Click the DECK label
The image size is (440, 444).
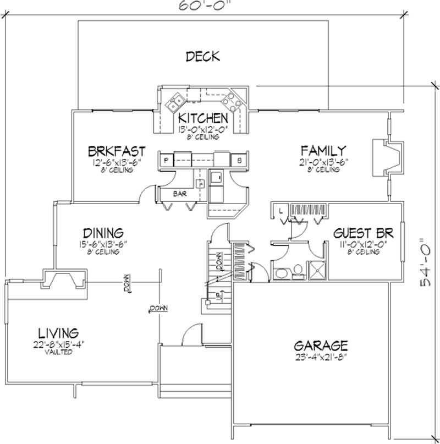[x=202, y=56]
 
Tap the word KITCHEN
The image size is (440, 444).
[x=202, y=118]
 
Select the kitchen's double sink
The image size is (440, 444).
[x=177, y=101]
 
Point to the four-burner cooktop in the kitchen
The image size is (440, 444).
[x=229, y=100]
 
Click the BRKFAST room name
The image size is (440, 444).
[x=117, y=151]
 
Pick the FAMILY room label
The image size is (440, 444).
[x=323, y=150]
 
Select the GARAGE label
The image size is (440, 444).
[x=320, y=346]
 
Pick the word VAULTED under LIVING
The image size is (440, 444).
[x=58, y=352]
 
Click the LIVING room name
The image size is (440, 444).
[x=58, y=333]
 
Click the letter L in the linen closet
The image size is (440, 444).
[x=280, y=210]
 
